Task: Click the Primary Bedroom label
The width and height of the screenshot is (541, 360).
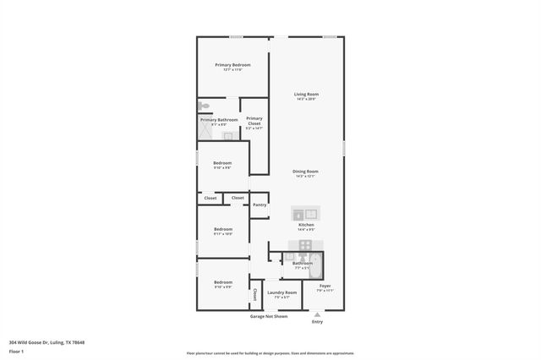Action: [x=232, y=65]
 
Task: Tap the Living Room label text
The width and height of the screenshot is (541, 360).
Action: [x=306, y=94]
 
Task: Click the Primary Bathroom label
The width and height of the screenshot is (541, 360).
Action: [x=218, y=120]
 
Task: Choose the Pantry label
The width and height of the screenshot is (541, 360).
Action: [x=260, y=204]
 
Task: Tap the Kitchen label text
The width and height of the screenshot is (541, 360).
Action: [x=306, y=225]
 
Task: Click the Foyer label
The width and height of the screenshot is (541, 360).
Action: [x=325, y=286]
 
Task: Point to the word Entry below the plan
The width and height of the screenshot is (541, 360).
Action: [x=317, y=322]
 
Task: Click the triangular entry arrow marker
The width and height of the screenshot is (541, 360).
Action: [x=317, y=314]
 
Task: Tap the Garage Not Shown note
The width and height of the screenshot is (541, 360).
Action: [x=268, y=316]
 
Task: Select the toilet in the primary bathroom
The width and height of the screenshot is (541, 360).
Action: [x=203, y=106]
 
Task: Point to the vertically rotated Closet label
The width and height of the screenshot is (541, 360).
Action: [x=255, y=295]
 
